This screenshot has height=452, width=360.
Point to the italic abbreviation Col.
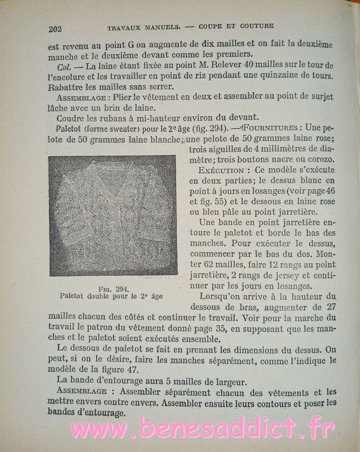(x=63, y=65)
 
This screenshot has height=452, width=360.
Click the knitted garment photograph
(x=112, y=215)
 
